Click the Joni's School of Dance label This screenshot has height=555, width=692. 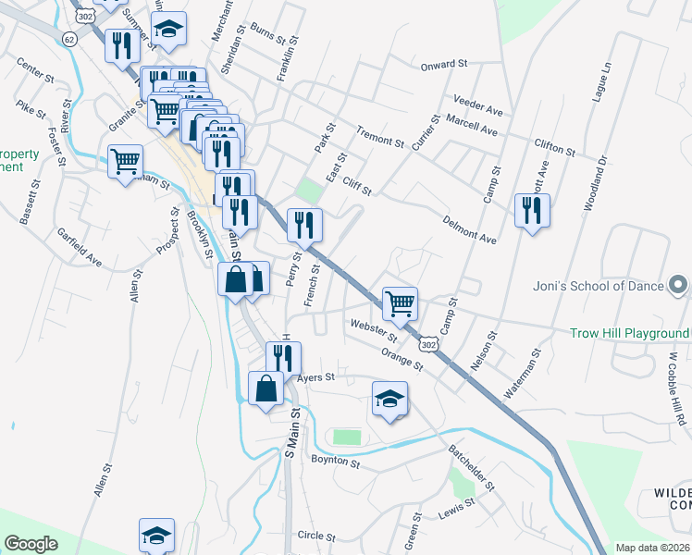(599, 286)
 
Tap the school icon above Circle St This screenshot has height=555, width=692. (156, 535)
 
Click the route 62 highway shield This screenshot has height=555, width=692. (69, 39)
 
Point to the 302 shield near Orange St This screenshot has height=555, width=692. (427, 344)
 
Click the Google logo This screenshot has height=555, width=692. (31, 544)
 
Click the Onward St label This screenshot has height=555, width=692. (444, 65)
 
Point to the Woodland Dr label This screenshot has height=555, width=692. (594, 184)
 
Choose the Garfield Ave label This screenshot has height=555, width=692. (80, 247)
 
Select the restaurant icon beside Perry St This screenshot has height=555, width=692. (304, 223)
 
